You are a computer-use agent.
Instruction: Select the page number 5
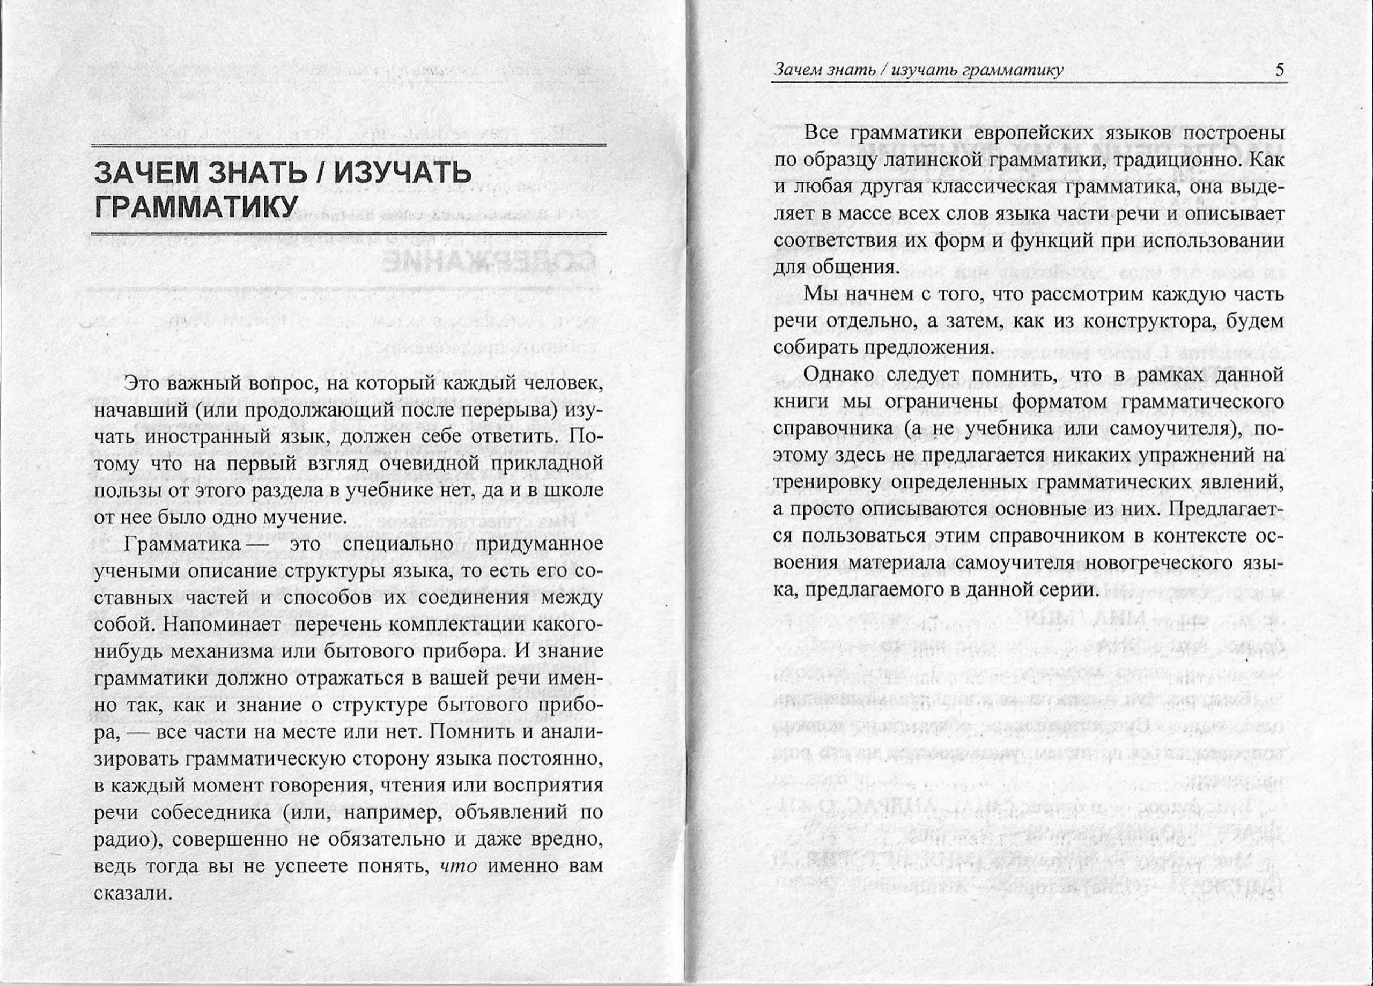tap(1280, 70)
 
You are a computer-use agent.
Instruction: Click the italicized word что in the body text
tap(459, 866)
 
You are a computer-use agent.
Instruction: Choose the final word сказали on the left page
tap(134, 893)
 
